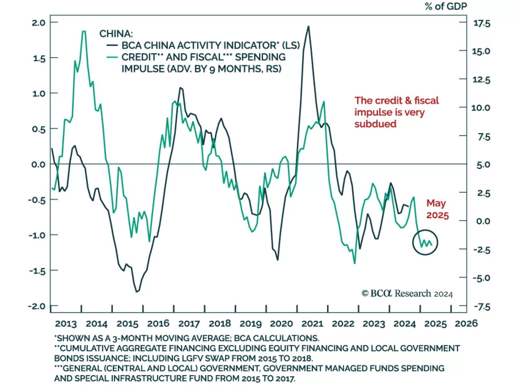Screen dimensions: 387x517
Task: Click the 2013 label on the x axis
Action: [66, 323]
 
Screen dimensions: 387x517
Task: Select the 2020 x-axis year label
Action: [281, 323]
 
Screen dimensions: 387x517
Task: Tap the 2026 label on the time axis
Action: [466, 323]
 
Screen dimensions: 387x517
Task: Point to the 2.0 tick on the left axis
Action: [38, 23]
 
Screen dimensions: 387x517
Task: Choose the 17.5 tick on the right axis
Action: [481, 23]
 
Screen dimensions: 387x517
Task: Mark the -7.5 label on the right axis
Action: [481, 307]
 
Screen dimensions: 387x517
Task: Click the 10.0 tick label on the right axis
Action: [481, 108]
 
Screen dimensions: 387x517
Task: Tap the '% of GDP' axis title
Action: [446, 6]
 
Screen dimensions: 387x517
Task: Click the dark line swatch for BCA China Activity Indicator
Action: [112, 46]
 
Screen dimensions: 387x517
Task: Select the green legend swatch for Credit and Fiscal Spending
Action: [112, 58]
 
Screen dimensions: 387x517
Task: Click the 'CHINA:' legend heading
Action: [116, 34]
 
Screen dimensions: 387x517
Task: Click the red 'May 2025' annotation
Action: [437, 209]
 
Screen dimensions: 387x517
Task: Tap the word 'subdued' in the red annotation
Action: [375, 124]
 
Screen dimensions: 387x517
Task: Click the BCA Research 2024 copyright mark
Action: [407, 293]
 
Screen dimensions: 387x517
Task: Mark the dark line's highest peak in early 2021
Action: [308, 26]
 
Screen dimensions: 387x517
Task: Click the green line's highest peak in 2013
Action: [84, 31]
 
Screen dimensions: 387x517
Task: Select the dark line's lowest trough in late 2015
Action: [137, 292]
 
